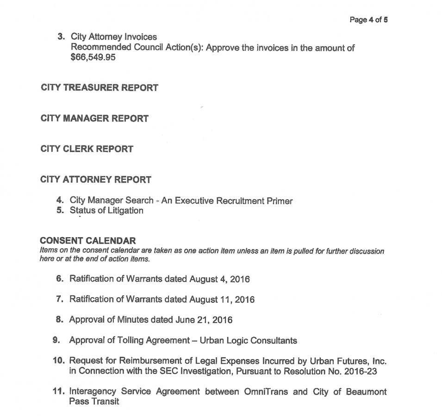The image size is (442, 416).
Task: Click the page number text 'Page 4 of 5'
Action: tap(368, 20)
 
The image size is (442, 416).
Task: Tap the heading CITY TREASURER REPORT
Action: tap(99, 88)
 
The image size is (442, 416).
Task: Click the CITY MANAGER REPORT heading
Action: tap(94, 118)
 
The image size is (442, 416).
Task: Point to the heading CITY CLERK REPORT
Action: tap(87, 149)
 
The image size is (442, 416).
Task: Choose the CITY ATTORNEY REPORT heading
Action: tap(95, 179)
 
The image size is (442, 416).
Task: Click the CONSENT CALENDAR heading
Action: tap(88, 241)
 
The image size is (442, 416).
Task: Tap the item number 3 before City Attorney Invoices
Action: tap(61, 37)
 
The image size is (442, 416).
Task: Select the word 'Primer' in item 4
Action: tap(278, 201)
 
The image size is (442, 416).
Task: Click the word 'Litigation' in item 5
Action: tap(121, 211)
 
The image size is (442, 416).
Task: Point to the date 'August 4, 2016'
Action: tap(220, 279)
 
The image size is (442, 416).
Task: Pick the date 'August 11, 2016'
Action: tap(222, 300)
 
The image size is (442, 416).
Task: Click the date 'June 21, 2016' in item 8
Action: tap(204, 320)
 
